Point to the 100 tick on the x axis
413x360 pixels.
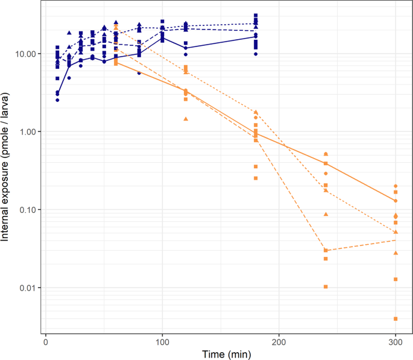pos(162,341)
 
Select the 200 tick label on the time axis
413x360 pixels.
pos(279,341)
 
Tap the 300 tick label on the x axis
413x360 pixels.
pos(395,341)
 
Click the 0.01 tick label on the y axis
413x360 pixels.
pos(30,288)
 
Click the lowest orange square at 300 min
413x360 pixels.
pos(396,318)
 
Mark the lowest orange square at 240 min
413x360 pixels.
pos(326,287)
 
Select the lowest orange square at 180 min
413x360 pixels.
pos(256,178)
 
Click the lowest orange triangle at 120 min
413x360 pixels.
pos(186,119)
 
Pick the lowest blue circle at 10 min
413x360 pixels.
pos(57,100)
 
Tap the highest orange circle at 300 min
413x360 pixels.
pos(396,186)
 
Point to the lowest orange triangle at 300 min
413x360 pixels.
pos(396,253)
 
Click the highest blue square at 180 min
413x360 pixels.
pos(256,16)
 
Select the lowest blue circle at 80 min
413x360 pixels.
pos(139,73)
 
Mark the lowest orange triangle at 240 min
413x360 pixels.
pos(326,214)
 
